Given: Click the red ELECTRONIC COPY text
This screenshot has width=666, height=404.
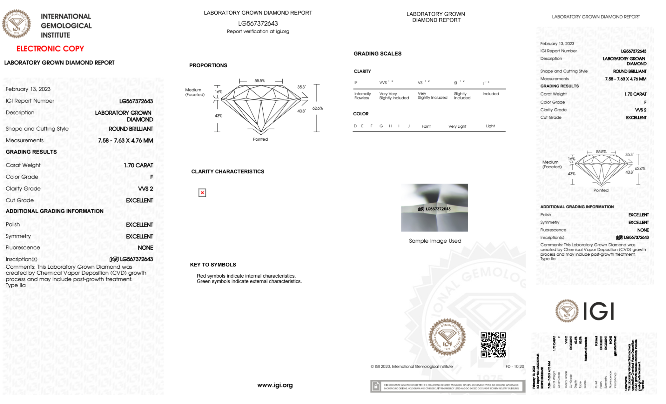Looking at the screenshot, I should (50, 49).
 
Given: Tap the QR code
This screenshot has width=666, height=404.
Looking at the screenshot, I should (493, 344).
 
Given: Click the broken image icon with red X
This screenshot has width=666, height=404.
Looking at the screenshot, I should (202, 193).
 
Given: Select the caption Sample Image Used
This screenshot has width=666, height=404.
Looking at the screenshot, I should (435, 241).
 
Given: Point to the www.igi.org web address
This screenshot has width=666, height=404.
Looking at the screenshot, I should (275, 385).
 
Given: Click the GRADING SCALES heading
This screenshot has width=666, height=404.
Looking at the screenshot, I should (377, 54).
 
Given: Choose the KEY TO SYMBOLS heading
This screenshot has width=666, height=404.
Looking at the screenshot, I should (213, 265).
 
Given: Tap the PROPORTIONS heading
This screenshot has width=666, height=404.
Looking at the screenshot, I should (208, 65).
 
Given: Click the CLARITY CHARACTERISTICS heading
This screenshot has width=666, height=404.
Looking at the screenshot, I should (227, 172).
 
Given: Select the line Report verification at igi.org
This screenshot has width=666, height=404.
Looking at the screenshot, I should (258, 31).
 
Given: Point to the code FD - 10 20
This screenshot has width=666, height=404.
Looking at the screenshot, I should (514, 366).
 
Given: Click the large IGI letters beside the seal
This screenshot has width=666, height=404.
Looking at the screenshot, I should (598, 311).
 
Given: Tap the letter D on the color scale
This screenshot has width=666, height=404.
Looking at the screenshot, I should (355, 126).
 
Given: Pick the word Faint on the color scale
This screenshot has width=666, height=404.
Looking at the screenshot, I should (426, 126).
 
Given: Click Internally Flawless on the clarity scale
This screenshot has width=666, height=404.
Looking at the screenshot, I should (362, 96).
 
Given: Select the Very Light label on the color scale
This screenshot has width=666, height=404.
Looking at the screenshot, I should (457, 126).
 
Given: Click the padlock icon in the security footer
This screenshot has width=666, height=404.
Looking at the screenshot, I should (376, 386).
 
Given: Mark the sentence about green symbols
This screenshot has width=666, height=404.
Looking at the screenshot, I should (249, 281).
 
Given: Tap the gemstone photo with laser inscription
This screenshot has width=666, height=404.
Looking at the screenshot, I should (434, 207).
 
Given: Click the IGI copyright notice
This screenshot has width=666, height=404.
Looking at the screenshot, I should (411, 366).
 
